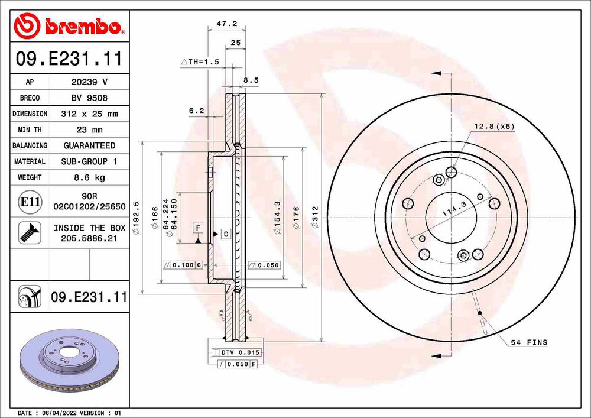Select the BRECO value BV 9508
pyautogui.click(x=89, y=98)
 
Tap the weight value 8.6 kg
pyautogui.click(x=89, y=177)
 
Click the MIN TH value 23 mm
pyautogui.click(x=89, y=129)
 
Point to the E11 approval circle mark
pyautogui.click(x=30, y=202)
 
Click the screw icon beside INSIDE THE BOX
pyautogui.click(x=28, y=232)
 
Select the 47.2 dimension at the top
pyautogui.click(x=227, y=24)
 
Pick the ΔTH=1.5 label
pyautogui.click(x=200, y=61)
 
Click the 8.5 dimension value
pyautogui.click(x=251, y=80)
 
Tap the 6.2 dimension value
pyautogui.click(x=196, y=111)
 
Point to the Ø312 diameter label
pyautogui.click(x=315, y=216)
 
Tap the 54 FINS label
pyautogui.click(x=529, y=342)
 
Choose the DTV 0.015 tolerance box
pyautogui.click(x=235, y=352)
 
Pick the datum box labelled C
pyautogui.click(x=226, y=235)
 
